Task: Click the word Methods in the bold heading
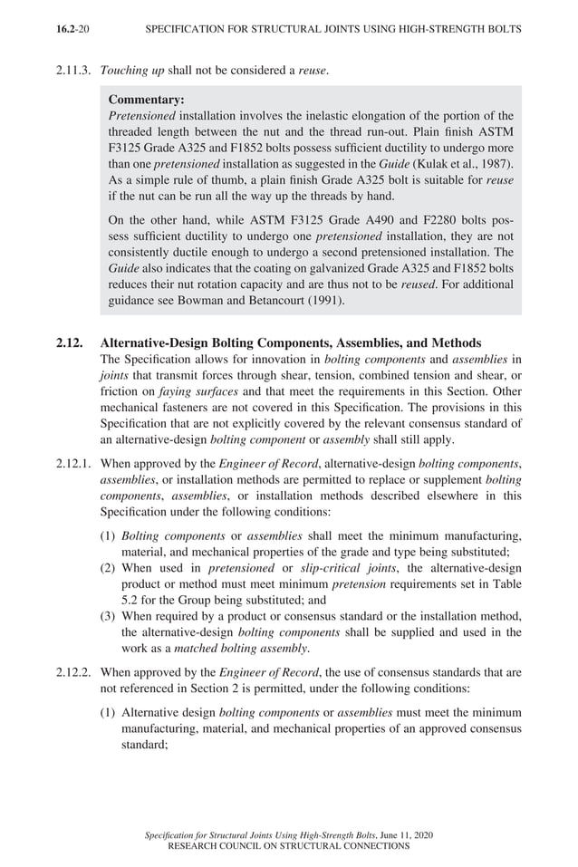tap(456, 343)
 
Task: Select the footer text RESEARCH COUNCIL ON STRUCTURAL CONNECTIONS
tap(289, 845)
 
